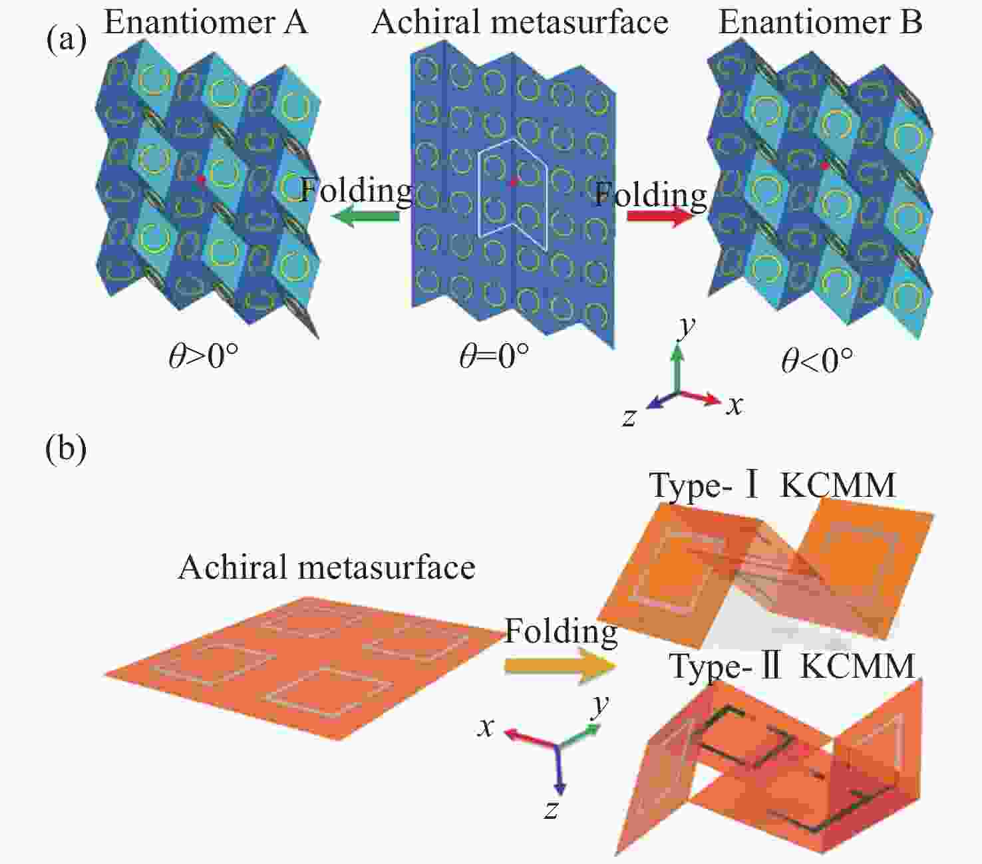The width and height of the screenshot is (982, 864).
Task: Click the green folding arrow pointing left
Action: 365,216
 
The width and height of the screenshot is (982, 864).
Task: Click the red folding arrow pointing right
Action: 660,216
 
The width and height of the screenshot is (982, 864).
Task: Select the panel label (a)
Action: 67,40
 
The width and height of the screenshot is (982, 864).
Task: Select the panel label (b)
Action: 66,448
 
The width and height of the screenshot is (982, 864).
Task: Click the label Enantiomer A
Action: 206,23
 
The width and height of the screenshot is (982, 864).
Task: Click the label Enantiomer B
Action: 820,23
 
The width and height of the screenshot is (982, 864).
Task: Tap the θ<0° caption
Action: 817,360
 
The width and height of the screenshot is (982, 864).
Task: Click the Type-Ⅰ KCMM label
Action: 772,485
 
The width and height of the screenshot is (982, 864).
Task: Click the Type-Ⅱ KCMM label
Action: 792,666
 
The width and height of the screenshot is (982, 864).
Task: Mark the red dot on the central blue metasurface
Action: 514,182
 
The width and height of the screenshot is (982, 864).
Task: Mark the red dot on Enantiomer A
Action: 201,179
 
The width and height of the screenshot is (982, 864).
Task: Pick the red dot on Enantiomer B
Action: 825,166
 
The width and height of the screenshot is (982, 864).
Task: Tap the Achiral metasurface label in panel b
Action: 327,567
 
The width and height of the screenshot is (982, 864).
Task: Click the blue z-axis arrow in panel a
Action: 661,400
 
